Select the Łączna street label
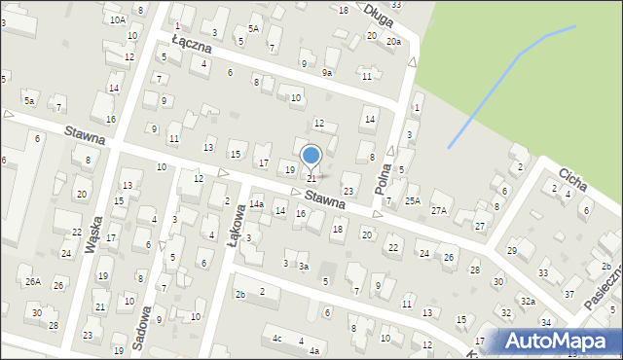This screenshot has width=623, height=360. [x=191, y=41]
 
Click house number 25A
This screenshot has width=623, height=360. [x=414, y=201]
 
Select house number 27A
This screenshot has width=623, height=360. [x=440, y=210]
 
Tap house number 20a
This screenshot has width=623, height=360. [x=392, y=42]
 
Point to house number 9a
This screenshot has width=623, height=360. [x=327, y=72]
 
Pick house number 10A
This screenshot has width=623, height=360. [x=118, y=19]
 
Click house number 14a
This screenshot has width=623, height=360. [x=256, y=204]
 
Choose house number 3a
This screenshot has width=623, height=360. [x=304, y=266]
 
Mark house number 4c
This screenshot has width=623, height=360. [x=277, y=338]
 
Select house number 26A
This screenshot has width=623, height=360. [x=33, y=282]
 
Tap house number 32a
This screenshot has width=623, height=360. [x=527, y=302]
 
